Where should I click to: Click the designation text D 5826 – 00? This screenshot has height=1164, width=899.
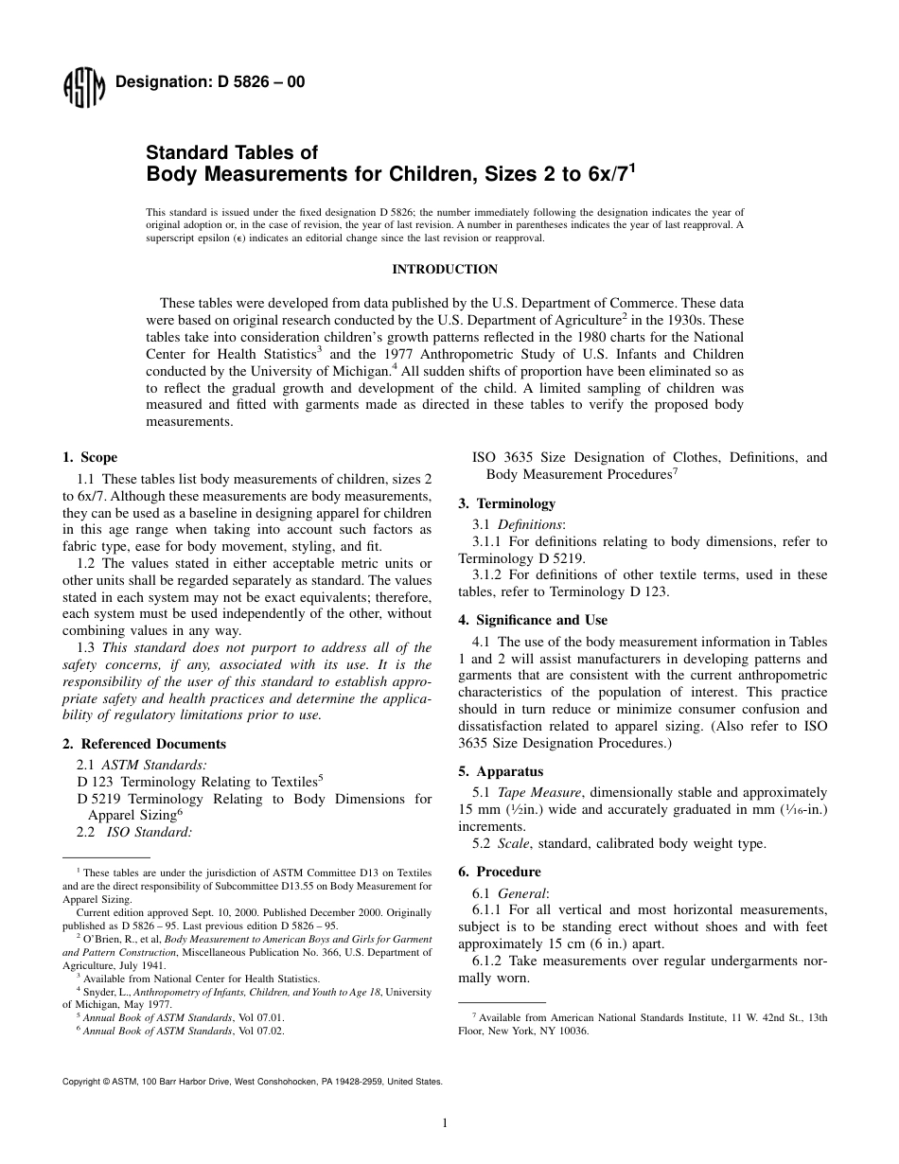[209, 82]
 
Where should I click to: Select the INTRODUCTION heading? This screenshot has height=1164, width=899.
[445, 270]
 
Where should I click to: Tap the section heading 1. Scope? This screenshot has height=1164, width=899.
[90, 457]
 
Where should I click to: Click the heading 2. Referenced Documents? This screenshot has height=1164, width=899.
[144, 744]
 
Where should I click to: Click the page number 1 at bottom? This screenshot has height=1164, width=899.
[445, 1123]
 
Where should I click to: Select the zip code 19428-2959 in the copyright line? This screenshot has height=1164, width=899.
[360, 1080]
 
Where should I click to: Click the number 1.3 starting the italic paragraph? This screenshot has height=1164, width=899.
[87, 647]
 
